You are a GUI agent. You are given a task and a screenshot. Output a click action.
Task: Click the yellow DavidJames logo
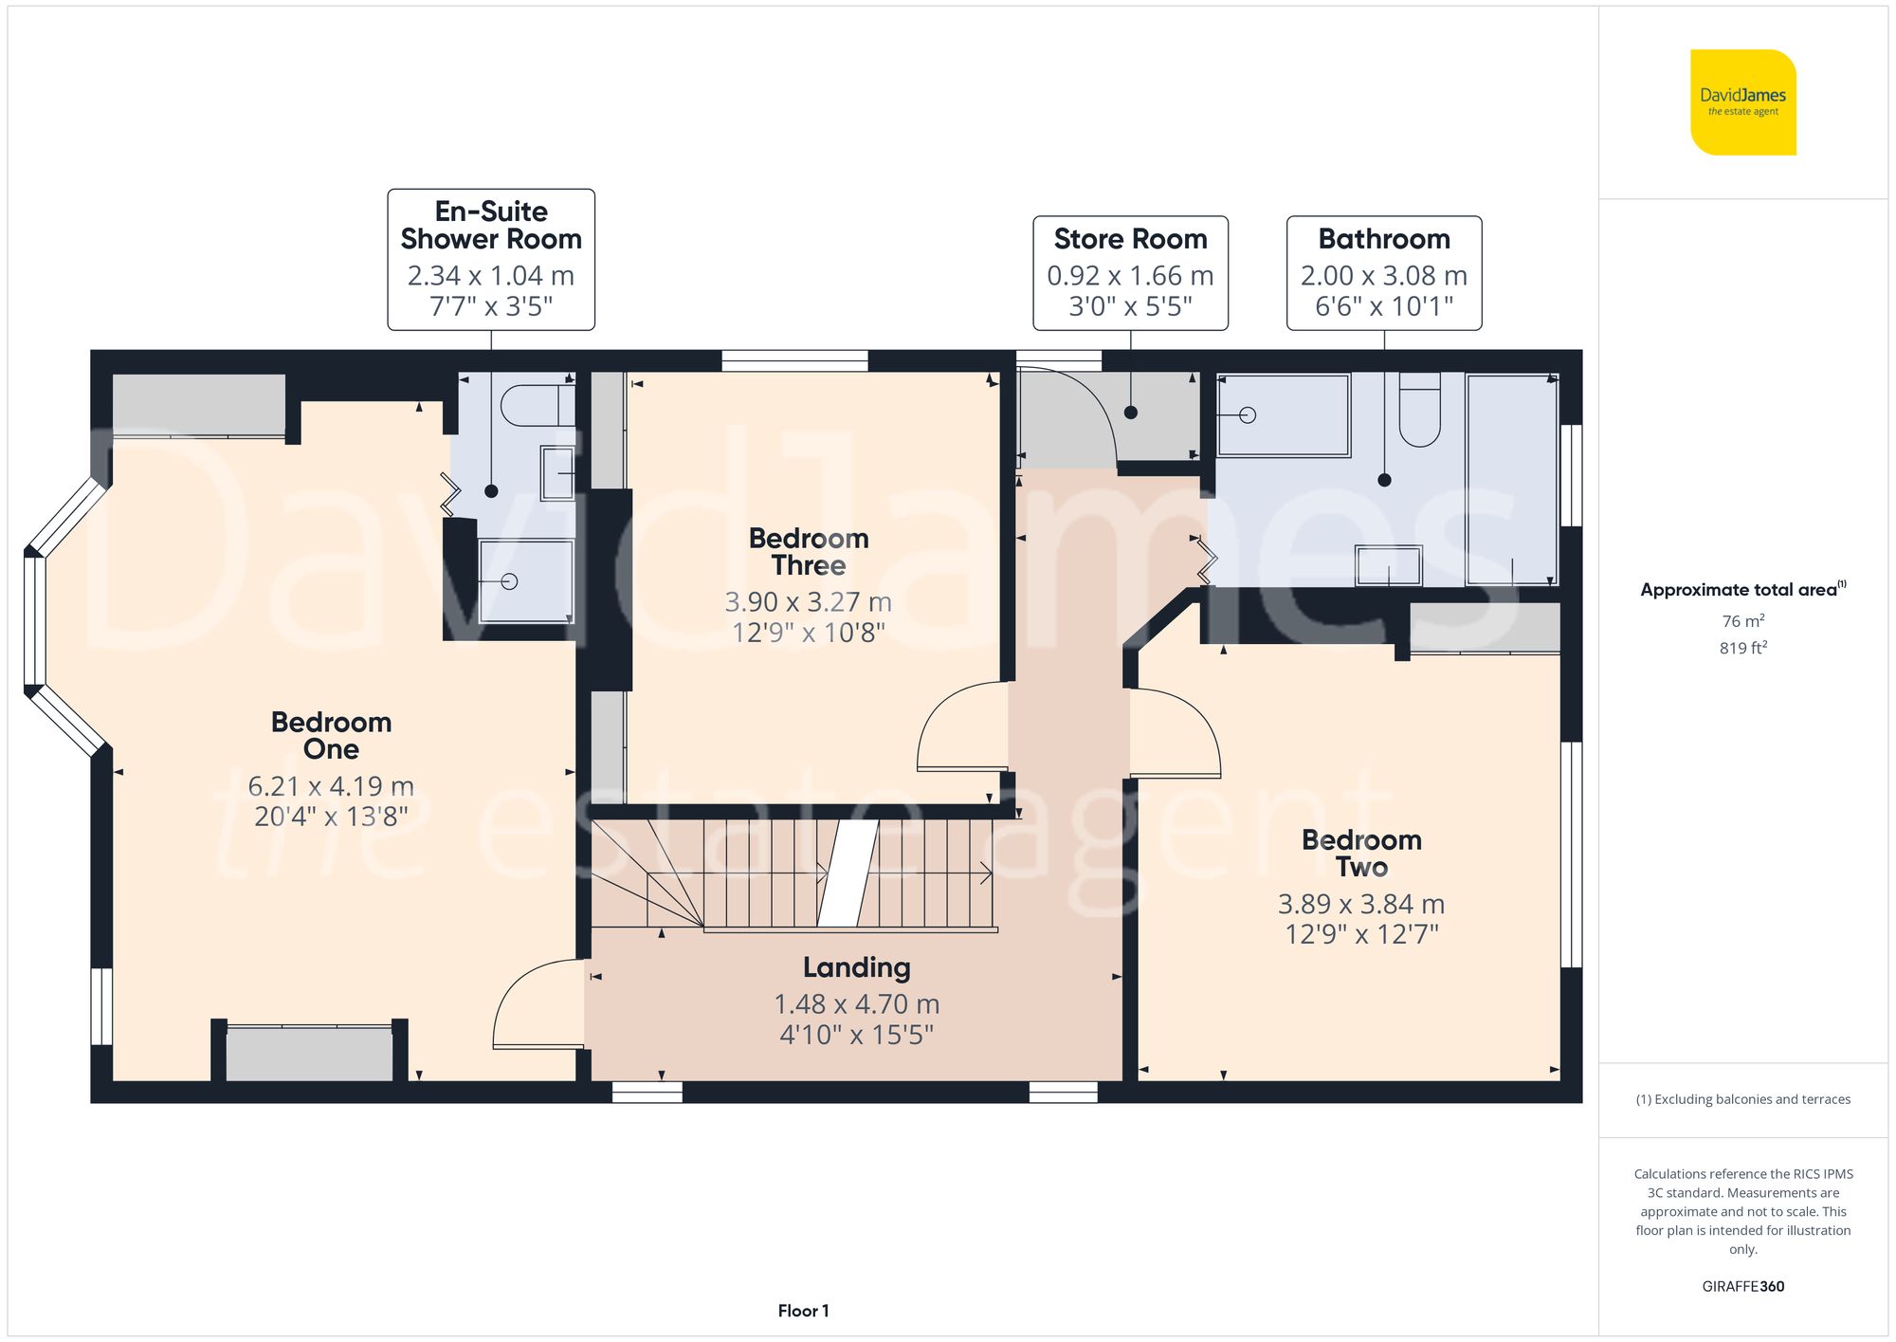click(1742, 102)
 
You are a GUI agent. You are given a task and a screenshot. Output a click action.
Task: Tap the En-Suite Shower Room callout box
click(491, 259)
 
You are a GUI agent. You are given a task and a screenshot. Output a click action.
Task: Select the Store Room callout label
click(1130, 239)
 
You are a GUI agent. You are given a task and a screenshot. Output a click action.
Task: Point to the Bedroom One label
click(331, 735)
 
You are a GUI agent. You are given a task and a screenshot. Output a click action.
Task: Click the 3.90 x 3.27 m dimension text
click(808, 602)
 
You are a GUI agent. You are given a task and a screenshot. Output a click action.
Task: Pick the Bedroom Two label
click(1361, 853)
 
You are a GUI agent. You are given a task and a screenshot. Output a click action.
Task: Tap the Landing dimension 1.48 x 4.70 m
click(856, 1004)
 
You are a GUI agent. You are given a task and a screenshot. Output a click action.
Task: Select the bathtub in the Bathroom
click(1284, 415)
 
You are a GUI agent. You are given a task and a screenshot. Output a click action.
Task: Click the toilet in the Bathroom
click(1419, 414)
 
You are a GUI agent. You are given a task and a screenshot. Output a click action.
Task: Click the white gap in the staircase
click(848, 873)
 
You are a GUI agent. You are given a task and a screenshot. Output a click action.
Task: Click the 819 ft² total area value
click(1742, 649)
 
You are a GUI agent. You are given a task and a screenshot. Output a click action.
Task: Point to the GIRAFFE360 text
click(1742, 1287)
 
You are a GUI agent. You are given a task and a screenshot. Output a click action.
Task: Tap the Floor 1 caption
click(803, 1311)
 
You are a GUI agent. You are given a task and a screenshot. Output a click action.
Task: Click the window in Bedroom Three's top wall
click(794, 360)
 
